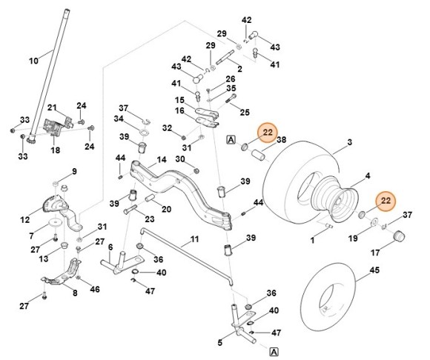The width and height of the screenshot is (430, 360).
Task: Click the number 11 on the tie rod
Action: (194, 239)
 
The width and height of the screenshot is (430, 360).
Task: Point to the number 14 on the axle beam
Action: (161, 159)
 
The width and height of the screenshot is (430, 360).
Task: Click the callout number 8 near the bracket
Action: (74, 293)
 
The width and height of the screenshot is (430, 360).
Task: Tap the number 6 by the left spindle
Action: (110, 247)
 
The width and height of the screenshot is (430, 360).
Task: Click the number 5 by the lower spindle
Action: (219, 342)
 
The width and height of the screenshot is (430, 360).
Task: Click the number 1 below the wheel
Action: (313, 240)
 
